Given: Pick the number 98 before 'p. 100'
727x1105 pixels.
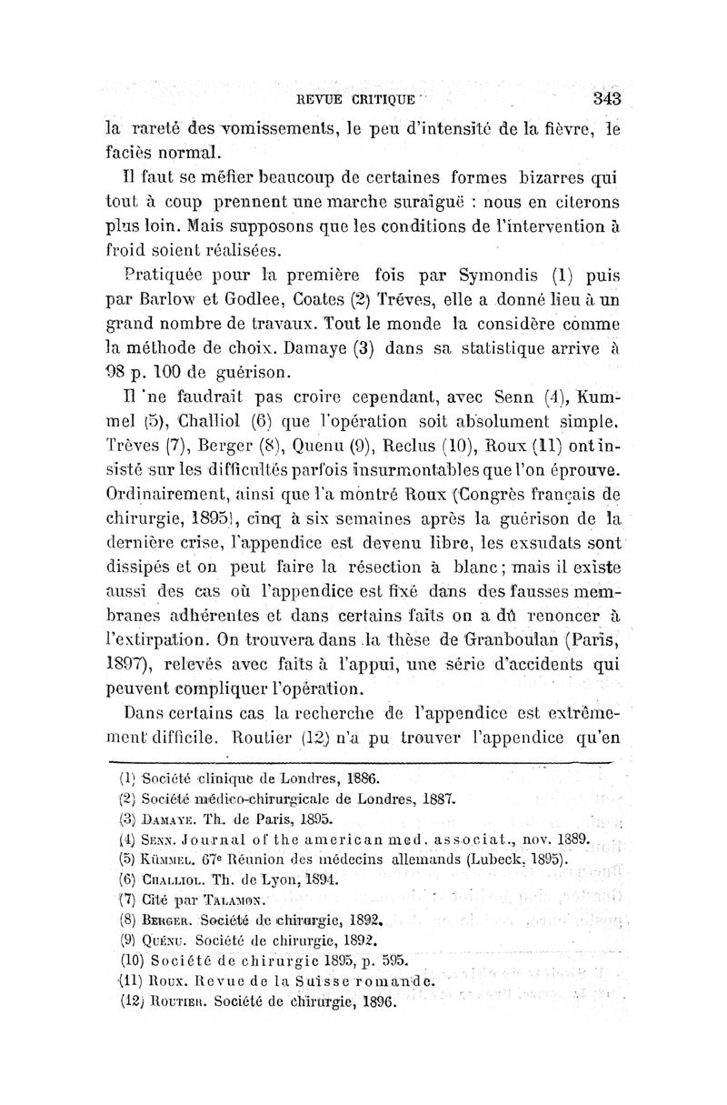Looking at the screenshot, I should (111, 372).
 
